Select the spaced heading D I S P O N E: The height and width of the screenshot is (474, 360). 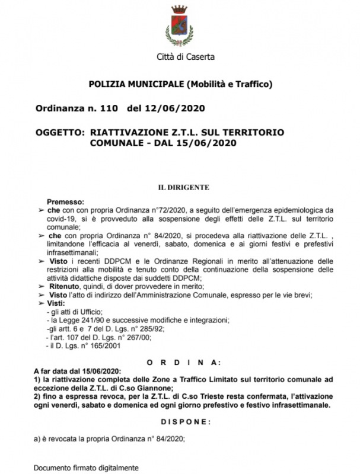186,422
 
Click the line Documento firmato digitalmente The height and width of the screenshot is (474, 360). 85,467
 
